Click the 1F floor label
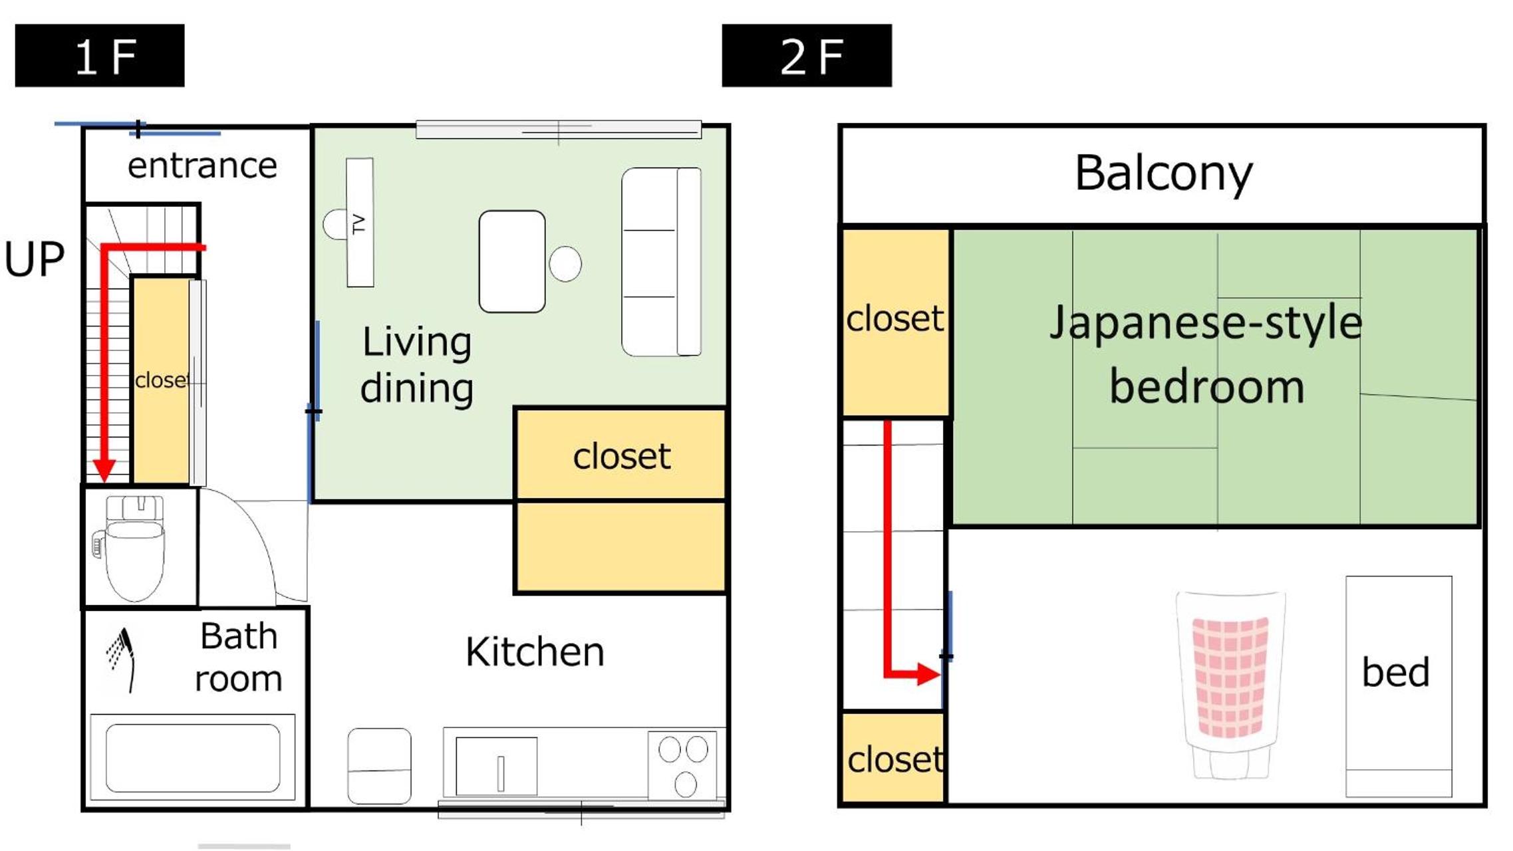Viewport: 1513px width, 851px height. pyautogui.click(x=100, y=56)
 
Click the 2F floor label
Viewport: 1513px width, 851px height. pyautogui.click(x=807, y=56)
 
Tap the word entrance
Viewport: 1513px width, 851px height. pyautogui.click(x=202, y=166)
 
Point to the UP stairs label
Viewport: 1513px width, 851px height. pyautogui.click(x=35, y=259)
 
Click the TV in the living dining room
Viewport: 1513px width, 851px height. pyautogui.click(x=360, y=223)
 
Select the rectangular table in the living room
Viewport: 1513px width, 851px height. pyautogui.click(x=512, y=261)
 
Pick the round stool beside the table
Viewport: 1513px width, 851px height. pyautogui.click(x=565, y=264)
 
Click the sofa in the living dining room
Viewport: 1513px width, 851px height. pyautogui.click(x=662, y=262)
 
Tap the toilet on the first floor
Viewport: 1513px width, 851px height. pyautogui.click(x=133, y=547)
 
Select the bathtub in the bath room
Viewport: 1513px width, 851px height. pyautogui.click(x=193, y=758)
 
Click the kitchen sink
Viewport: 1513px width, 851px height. pyautogui.click(x=496, y=766)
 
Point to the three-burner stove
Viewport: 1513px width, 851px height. pyautogui.click(x=682, y=765)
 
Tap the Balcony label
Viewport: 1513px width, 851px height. pyautogui.click(x=1164, y=174)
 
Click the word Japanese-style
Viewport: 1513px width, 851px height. pyautogui.click(x=1206, y=323)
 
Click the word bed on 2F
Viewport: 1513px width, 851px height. pyautogui.click(x=1396, y=672)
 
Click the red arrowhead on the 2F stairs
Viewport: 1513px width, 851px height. pyautogui.click(x=928, y=674)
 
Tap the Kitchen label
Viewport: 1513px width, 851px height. pyautogui.click(x=535, y=652)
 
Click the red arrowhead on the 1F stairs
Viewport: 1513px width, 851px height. pyautogui.click(x=104, y=470)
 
